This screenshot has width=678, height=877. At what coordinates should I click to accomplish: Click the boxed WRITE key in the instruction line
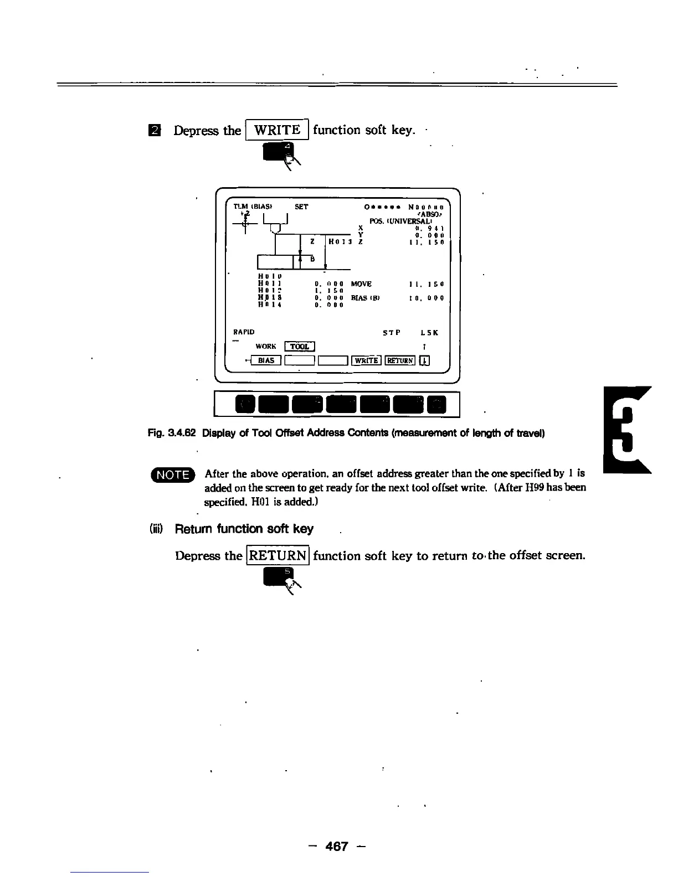276,130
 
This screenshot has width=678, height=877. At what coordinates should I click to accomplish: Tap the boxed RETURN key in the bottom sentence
278,555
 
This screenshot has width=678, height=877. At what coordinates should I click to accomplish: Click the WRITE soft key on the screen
366,361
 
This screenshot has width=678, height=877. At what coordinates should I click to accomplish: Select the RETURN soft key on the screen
400,361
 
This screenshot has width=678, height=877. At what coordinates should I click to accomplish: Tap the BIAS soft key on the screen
266,360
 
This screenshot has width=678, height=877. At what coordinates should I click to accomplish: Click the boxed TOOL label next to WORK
299,347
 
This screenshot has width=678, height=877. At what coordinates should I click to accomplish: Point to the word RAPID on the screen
244,332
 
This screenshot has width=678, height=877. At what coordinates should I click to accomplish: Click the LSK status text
429,333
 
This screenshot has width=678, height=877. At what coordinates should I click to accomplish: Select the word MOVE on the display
361,284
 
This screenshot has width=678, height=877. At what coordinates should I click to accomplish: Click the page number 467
337,846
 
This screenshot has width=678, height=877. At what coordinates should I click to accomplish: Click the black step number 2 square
157,131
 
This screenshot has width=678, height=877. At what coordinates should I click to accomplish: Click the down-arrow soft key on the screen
424,361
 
